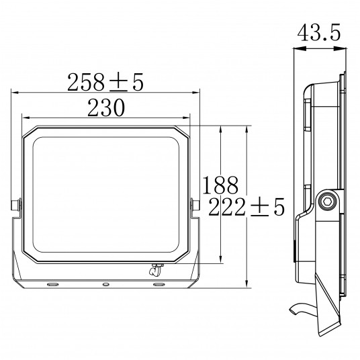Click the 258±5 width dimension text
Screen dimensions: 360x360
(x=105, y=82)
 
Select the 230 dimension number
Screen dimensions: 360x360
(x=106, y=107)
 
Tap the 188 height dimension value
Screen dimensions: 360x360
(x=220, y=185)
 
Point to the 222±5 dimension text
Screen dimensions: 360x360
(x=246, y=207)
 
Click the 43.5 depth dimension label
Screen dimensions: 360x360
(x=319, y=33)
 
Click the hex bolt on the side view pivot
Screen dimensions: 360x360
(x=326, y=202)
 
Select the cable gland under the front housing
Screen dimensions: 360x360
(x=155, y=270)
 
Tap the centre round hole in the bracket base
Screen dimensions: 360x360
(x=105, y=285)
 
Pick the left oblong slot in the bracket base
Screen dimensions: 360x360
(x=53, y=285)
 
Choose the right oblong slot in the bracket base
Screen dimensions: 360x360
(x=159, y=285)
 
